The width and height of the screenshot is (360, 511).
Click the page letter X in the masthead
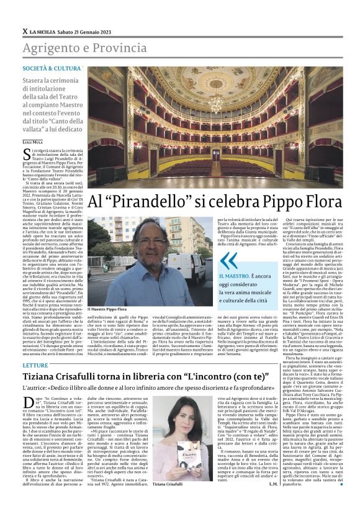coord(24,31)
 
